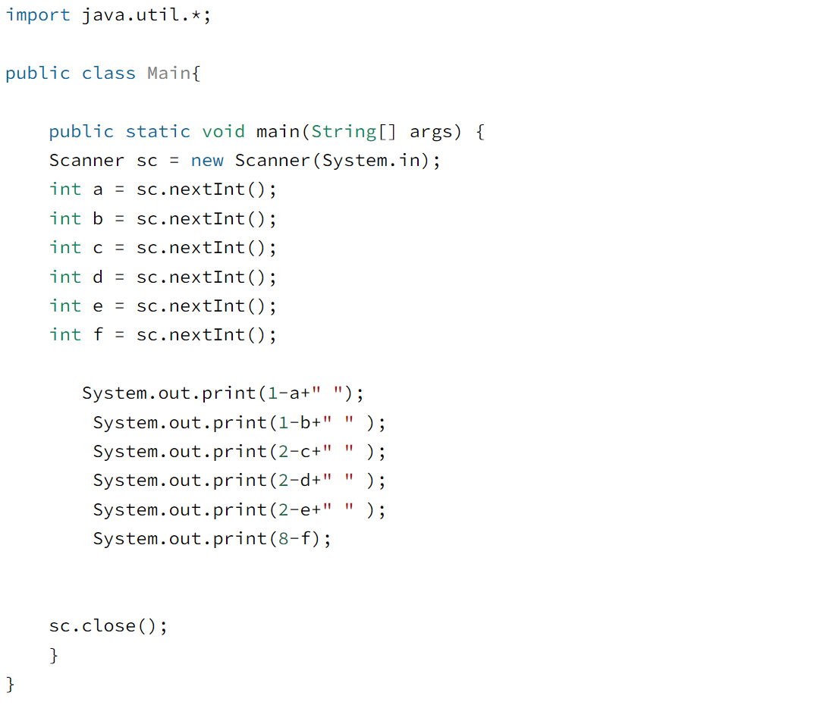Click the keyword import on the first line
[38, 15]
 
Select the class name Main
[168, 74]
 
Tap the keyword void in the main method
[223, 132]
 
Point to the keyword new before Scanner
[207, 161]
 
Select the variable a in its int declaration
[98, 190]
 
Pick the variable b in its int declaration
[98, 219]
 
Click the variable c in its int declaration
[98, 248]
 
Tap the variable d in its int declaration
[98, 277]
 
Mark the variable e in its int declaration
[98, 306]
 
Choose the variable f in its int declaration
[98, 335]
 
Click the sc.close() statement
[108, 626]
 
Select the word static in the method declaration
[158, 132]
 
